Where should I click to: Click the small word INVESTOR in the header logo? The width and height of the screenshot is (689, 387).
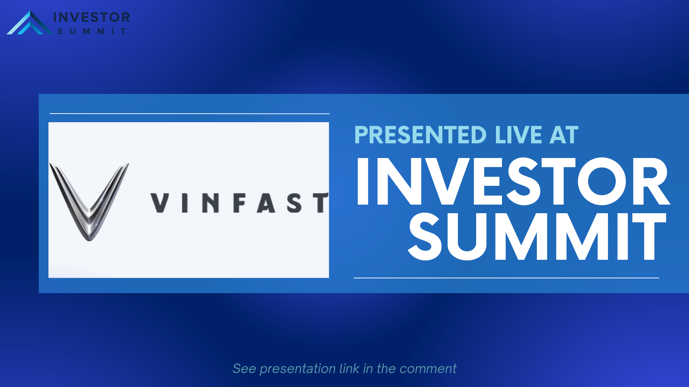[x=92, y=17]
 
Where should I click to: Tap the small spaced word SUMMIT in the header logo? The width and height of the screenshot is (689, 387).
[x=92, y=32]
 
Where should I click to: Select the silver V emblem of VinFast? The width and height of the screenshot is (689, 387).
[x=89, y=201]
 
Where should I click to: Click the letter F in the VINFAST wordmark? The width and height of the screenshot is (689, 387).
[x=240, y=203]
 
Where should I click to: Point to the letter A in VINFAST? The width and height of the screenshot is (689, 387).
[x=266, y=203]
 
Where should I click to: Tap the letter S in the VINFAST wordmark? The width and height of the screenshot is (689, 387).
[x=294, y=203]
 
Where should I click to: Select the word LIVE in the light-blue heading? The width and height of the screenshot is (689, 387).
[x=519, y=135]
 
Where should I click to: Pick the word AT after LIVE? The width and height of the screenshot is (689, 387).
[x=564, y=135]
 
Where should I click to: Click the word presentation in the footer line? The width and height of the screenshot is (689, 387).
[x=297, y=369]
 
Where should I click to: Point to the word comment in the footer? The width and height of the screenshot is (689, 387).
[x=428, y=369]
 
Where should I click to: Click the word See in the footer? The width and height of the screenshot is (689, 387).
[x=244, y=368]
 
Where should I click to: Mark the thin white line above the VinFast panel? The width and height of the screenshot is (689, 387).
[x=189, y=114]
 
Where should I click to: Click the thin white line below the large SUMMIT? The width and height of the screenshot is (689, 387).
[x=506, y=278]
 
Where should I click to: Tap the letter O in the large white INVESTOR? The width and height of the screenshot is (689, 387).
[x=602, y=181]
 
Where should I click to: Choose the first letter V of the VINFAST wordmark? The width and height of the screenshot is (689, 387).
[x=160, y=203]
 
